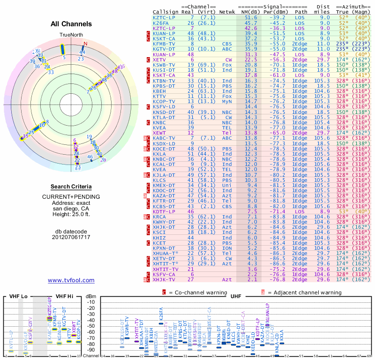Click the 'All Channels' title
[x=71, y=24]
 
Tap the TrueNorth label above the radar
[x=71, y=35]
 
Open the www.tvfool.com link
[x=71, y=280]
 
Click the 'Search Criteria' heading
[x=71, y=187]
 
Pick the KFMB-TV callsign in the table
[x=164, y=43]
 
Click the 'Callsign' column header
[x=166, y=12]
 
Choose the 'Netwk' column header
[x=227, y=12]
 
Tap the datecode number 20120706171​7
[x=71, y=237]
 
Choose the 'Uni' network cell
[x=227, y=186]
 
